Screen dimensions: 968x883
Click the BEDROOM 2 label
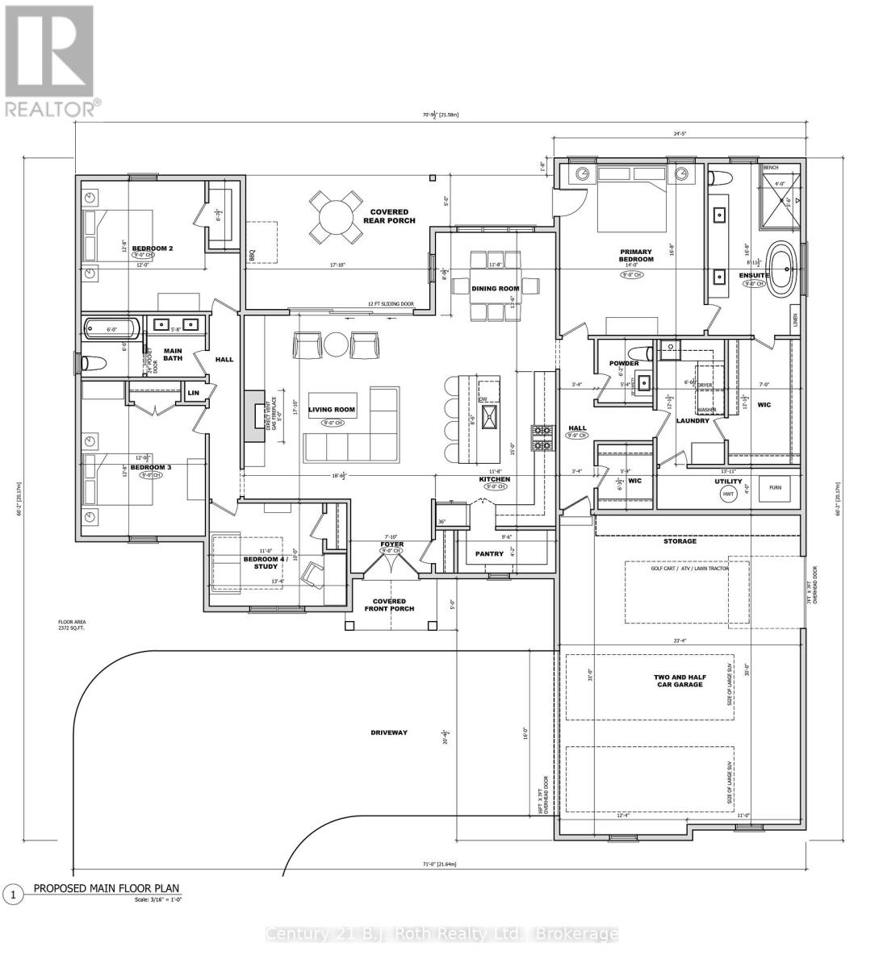pyautogui.click(x=153, y=248)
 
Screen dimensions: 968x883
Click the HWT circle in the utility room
pyautogui.click(x=728, y=493)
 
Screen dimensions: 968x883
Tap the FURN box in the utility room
pyautogui.click(x=775, y=487)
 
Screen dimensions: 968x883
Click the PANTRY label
pyautogui.click(x=490, y=553)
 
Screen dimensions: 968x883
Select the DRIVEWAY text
pyautogui.click(x=389, y=732)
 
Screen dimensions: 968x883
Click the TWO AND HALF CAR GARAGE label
pyautogui.click(x=679, y=680)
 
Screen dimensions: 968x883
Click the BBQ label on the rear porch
pyautogui.click(x=252, y=255)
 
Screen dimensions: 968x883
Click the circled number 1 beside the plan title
pyautogui.click(x=12, y=894)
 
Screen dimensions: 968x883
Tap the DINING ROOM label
pyautogui.click(x=496, y=288)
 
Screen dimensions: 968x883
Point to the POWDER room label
pyautogui.click(x=624, y=364)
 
